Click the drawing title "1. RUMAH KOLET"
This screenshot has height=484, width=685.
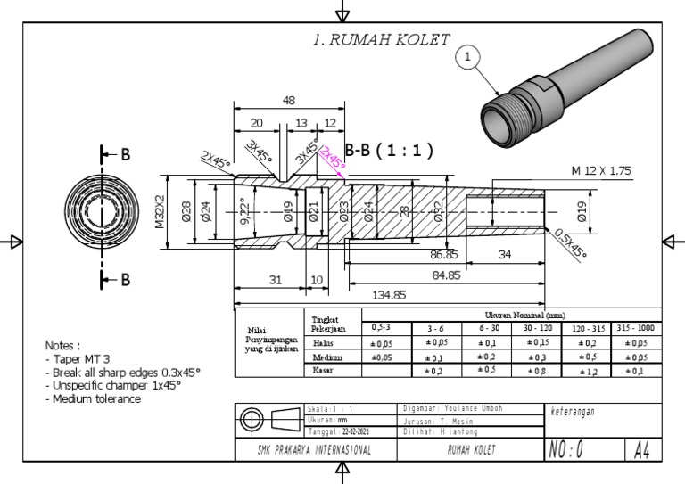tap(381, 39)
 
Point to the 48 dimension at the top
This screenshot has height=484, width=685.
tap(289, 101)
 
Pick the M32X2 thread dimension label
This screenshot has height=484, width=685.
tap(161, 212)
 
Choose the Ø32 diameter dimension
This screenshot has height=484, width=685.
tap(438, 212)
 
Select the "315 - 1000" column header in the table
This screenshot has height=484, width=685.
tap(638, 328)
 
